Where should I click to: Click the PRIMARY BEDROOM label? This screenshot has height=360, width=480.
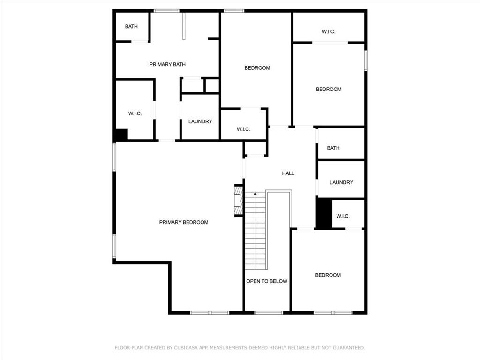pyautogui.click(x=184, y=222)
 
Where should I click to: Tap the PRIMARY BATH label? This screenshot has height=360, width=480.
pyautogui.click(x=167, y=64)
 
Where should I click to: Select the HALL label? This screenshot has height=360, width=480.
pyautogui.click(x=288, y=173)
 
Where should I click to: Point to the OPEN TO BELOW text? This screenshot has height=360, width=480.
pyautogui.click(x=267, y=281)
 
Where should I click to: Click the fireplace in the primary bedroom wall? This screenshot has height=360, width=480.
pyautogui.click(x=239, y=200)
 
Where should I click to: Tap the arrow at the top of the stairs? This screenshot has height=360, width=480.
pyautogui.click(x=255, y=194)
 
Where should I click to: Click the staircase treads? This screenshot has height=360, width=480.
pyautogui.click(x=255, y=231)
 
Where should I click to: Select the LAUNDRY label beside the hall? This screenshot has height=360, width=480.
pyautogui.click(x=341, y=182)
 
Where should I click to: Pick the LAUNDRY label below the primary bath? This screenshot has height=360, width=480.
pyautogui.click(x=200, y=121)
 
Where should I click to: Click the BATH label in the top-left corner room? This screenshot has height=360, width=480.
pyautogui.click(x=131, y=27)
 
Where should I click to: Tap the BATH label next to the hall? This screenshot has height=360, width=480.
pyautogui.click(x=333, y=148)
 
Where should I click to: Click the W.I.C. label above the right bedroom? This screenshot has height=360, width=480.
pyautogui.click(x=329, y=31)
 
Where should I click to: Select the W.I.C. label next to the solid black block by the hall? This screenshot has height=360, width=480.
pyautogui.click(x=343, y=216)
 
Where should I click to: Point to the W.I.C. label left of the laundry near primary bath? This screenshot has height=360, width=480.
pyautogui.click(x=135, y=113)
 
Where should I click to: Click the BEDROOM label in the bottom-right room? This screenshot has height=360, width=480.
pyautogui.click(x=328, y=275)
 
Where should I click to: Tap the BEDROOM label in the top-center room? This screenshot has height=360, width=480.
pyautogui.click(x=257, y=68)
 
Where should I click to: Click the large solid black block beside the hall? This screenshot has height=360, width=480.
pyautogui.click(x=324, y=214)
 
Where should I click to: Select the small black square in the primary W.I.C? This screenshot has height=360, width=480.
pyautogui.click(x=121, y=135)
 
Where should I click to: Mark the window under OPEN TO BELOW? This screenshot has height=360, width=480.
pyautogui.click(x=269, y=313)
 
